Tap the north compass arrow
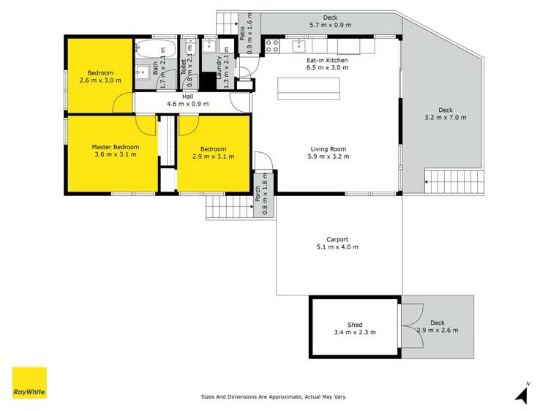pos(522,394)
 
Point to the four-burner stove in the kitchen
pos(272,46)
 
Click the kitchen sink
pos(299,46)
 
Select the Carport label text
pos(337,239)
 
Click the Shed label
pos(355,325)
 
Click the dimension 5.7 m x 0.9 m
pos(331,25)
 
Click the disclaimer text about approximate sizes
pos(274,397)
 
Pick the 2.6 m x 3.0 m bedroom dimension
pos(100,80)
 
